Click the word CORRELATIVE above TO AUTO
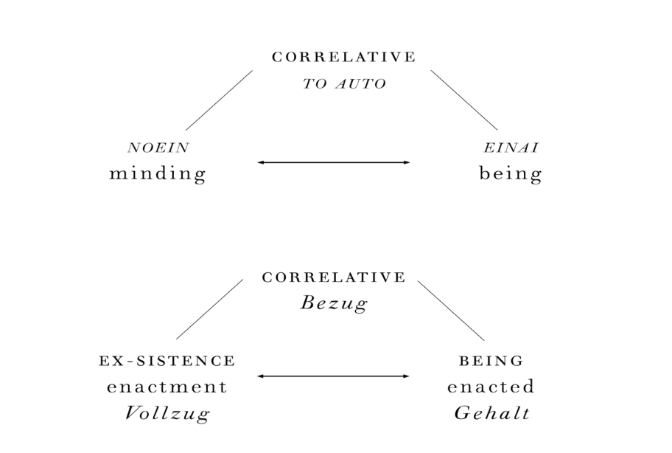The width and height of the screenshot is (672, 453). click(343, 57)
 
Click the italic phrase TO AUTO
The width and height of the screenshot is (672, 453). click(344, 83)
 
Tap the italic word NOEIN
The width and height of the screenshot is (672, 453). click(158, 148)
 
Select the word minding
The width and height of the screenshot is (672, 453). click(158, 173)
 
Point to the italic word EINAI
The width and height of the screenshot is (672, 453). click(511, 148)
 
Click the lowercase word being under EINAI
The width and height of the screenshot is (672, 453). click(511, 173)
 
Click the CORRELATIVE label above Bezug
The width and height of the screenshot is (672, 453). click(334, 277)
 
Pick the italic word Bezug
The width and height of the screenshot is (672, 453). click(334, 304)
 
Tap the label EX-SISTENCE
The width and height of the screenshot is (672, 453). click(167, 361)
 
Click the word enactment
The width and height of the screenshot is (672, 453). click(167, 387)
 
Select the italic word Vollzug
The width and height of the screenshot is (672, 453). click(167, 414)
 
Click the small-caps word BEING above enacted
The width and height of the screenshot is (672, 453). click(491, 361)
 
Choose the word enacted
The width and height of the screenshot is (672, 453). click(491, 387)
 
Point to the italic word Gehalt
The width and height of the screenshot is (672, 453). click(492, 413)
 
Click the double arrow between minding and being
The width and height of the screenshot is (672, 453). click(334, 162)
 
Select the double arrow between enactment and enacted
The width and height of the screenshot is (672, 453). click(334, 376)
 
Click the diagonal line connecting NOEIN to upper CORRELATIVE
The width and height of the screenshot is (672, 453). click(219, 100)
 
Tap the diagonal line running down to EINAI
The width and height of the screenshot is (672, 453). click(464, 100)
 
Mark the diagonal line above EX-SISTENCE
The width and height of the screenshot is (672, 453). click(209, 309)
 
